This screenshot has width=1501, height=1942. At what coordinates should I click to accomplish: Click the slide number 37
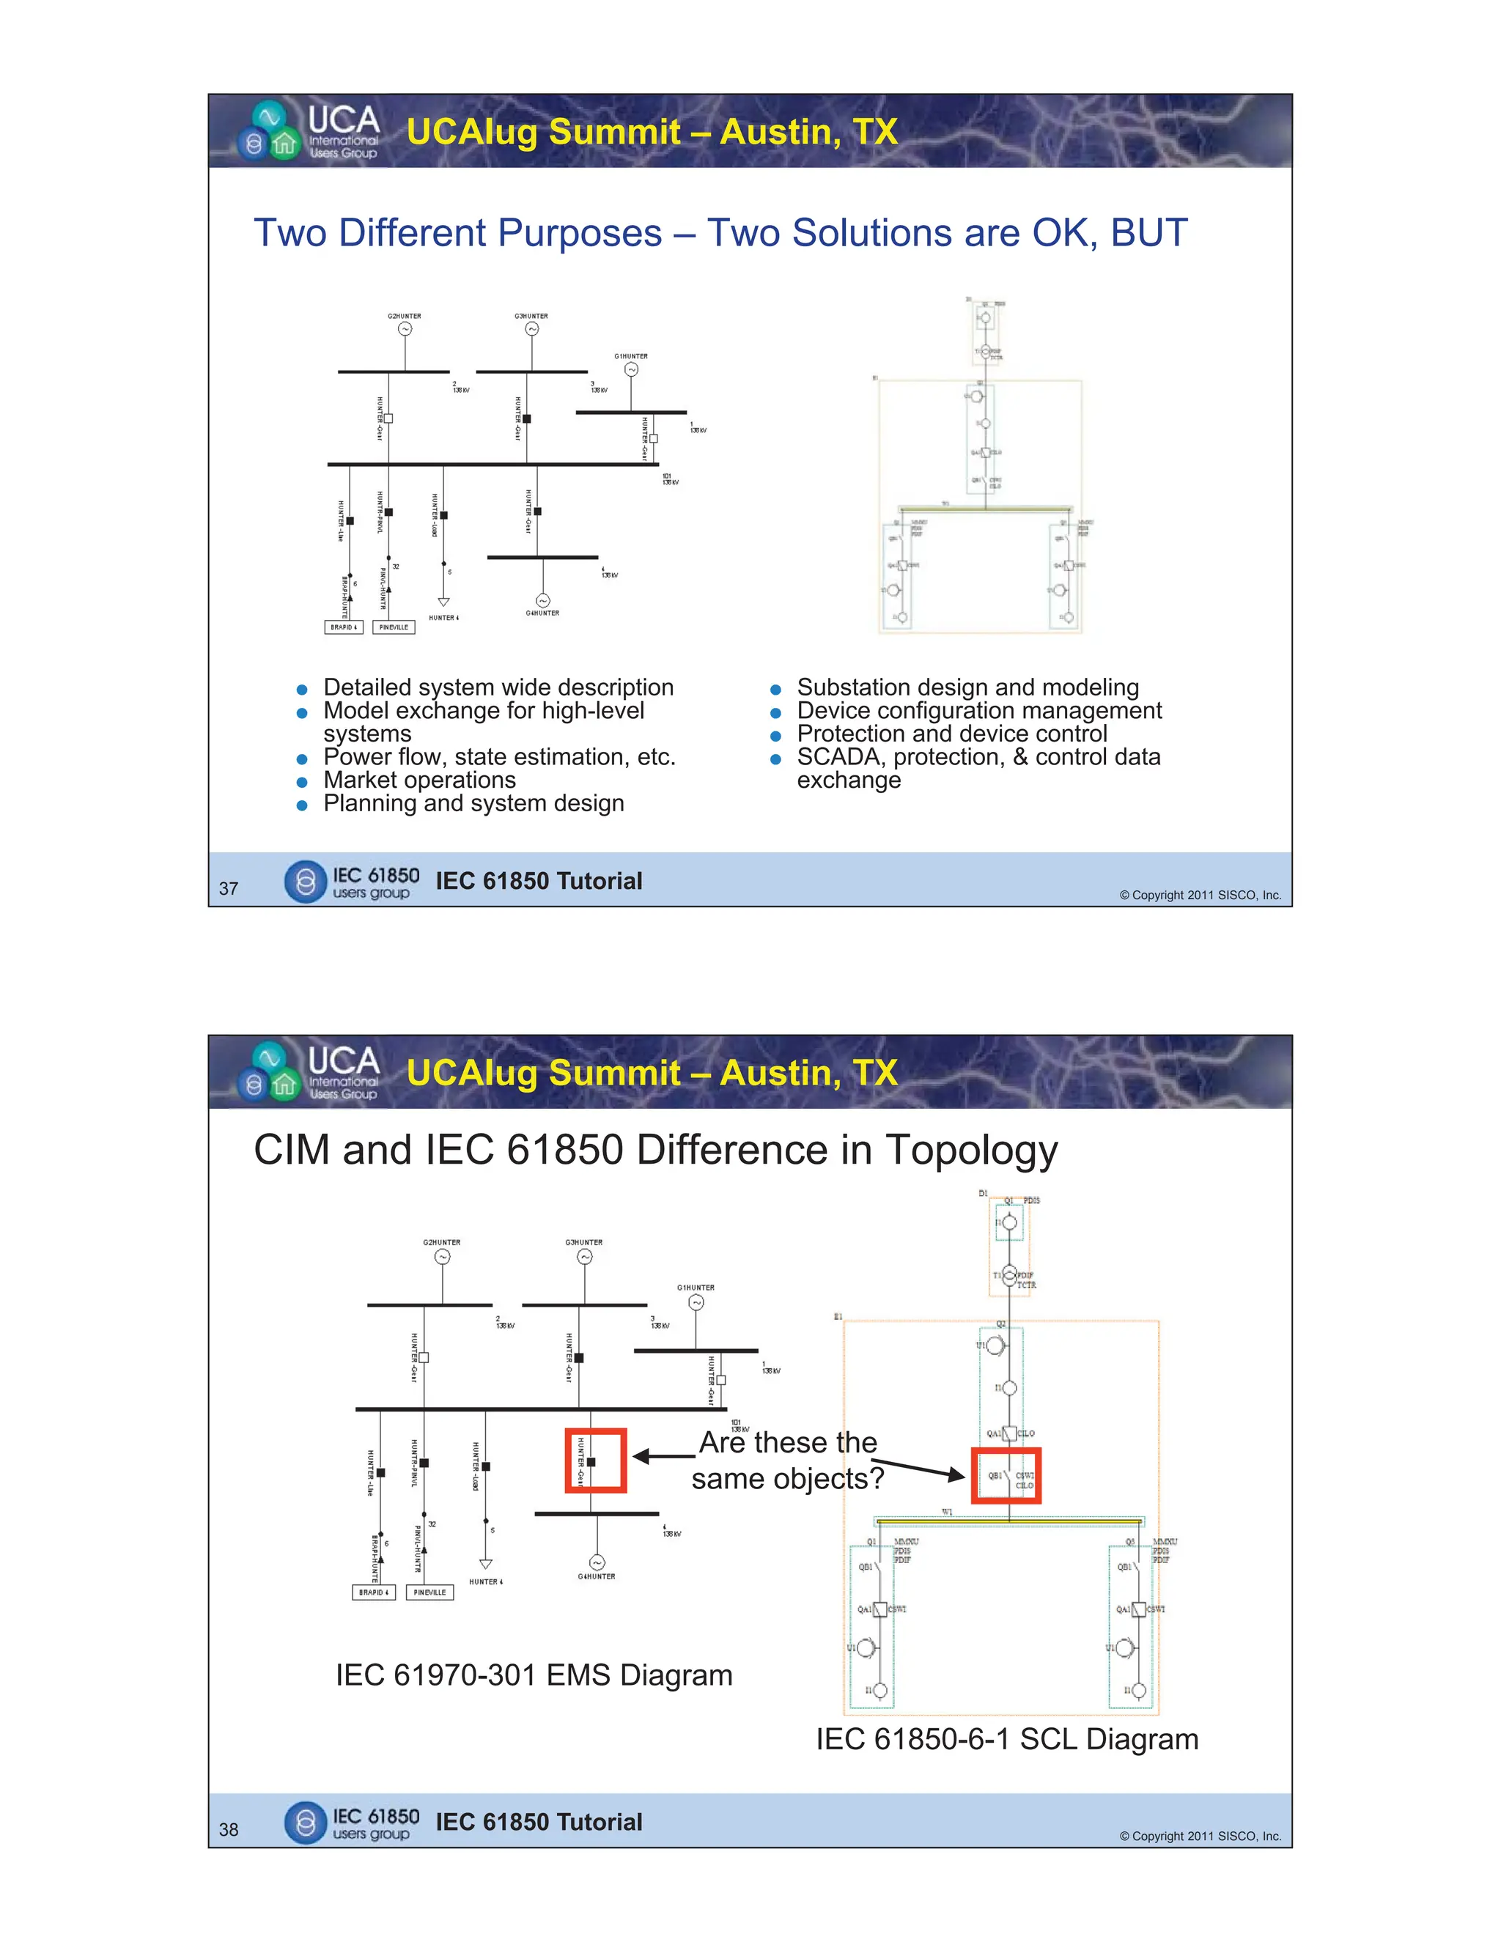[x=229, y=888]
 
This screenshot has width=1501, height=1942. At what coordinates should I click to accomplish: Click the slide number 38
[x=229, y=1829]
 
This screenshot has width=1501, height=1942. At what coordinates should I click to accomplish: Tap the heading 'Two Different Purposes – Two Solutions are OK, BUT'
[x=720, y=233]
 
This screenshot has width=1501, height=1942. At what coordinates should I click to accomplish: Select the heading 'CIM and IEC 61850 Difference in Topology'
[x=655, y=1150]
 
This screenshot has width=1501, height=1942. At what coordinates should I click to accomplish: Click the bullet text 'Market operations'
[x=418, y=780]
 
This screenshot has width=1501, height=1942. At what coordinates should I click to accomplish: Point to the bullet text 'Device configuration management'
[x=978, y=710]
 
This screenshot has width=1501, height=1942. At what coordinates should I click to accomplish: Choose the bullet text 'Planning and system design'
[x=473, y=803]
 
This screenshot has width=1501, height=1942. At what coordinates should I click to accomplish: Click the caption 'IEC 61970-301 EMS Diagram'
[x=534, y=1675]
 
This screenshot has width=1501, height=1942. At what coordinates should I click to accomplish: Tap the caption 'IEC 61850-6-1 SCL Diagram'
[x=1006, y=1739]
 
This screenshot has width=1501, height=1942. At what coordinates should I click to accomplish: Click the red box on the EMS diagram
[x=596, y=1460]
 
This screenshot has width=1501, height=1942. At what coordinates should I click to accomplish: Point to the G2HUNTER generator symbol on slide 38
[x=442, y=1256]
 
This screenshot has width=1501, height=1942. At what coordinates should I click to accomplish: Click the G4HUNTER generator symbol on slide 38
[x=597, y=1562]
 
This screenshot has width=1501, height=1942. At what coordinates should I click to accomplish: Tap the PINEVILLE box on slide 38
[x=429, y=1592]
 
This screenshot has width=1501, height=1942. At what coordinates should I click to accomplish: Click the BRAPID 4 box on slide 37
[x=343, y=627]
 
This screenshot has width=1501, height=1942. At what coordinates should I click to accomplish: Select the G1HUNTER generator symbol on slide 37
[x=631, y=370]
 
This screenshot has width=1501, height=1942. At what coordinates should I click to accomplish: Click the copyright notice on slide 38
[x=1200, y=1836]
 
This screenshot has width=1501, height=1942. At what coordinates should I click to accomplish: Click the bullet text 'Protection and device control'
[x=951, y=734]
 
